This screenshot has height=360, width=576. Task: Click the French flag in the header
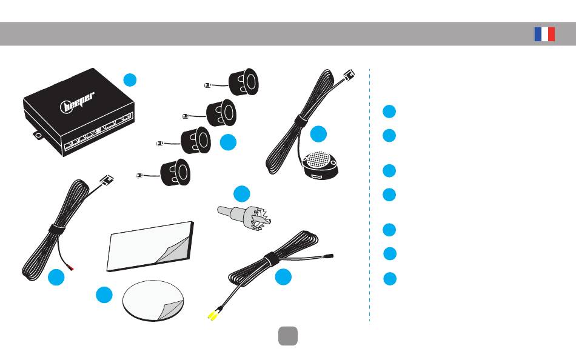pyautogui.click(x=544, y=34)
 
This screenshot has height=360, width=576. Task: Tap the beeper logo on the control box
pyautogui.click(x=77, y=102)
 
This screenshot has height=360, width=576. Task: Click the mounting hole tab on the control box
pyautogui.click(x=38, y=135)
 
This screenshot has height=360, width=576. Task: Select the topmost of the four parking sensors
pyautogui.click(x=244, y=82)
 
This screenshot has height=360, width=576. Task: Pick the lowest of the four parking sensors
pyautogui.click(x=175, y=172)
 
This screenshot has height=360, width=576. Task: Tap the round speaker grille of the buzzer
pyautogui.click(x=318, y=159)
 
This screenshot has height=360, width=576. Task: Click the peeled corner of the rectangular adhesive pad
pyautogui.click(x=173, y=250)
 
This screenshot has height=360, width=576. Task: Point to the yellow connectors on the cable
pyautogui.click(x=213, y=315)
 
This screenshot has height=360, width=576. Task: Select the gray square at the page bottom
pyautogui.click(x=288, y=336)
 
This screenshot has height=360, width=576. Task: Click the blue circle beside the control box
pyautogui.click(x=130, y=80)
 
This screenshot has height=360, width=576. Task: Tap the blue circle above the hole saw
pyautogui.click(x=242, y=193)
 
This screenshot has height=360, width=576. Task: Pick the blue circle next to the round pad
pyautogui.click(x=104, y=295)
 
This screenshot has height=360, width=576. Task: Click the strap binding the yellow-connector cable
pyautogui.click(x=272, y=259)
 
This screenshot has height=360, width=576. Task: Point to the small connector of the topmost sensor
pyautogui.click(x=207, y=85)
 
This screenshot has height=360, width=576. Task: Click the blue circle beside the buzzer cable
pyautogui.click(x=318, y=134)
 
